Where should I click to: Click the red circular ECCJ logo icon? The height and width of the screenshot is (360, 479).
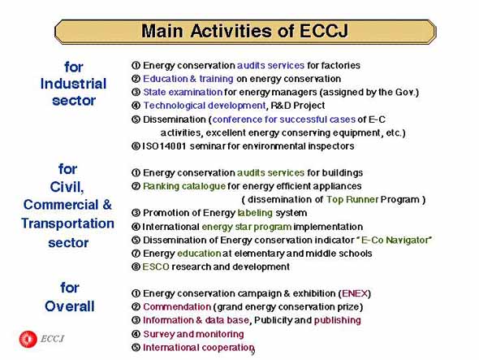point(28,339)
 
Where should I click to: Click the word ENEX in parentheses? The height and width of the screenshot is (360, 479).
point(354,293)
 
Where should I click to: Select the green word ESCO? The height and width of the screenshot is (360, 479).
point(156,267)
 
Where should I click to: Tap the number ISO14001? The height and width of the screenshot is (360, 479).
point(164,146)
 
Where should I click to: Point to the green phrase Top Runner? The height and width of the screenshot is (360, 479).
point(352,200)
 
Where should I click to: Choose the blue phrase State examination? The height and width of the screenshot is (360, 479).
point(183,92)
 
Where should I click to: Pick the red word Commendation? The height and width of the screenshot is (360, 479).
point(176,307)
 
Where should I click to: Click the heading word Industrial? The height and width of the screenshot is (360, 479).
point(73,84)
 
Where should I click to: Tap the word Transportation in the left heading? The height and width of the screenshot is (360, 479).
point(67,223)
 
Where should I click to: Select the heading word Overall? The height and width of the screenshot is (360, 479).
point(70,306)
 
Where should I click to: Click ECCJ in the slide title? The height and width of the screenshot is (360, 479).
point(324,31)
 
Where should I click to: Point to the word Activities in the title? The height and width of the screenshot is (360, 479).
point(231,31)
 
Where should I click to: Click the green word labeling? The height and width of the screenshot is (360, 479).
point(255,213)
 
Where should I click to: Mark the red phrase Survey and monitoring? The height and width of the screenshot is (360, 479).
point(193,334)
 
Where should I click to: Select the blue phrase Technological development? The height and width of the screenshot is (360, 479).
point(205,106)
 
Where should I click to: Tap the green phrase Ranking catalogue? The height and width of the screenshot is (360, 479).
point(184,186)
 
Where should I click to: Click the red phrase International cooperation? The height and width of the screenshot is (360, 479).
point(198,348)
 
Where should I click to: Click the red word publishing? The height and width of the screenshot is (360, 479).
point(337,320)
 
